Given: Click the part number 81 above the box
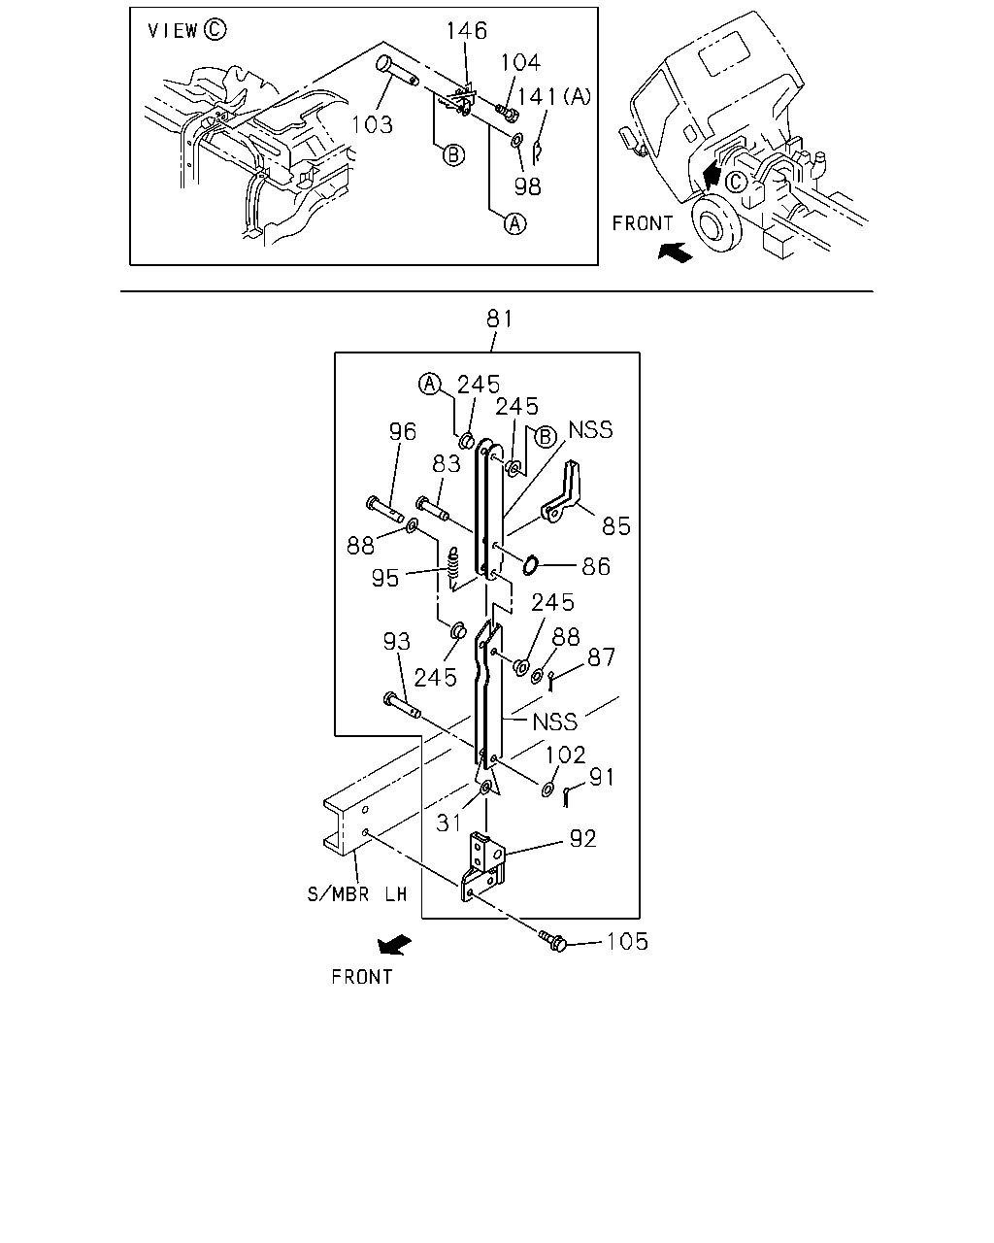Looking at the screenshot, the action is [499, 319].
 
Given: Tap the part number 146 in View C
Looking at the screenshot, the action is [467, 31].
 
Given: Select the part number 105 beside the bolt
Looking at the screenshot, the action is [627, 942].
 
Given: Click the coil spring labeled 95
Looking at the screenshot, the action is [454, 569].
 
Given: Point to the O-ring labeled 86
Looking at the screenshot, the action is [530, 565].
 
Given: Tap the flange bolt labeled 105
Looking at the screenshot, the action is [552, 941].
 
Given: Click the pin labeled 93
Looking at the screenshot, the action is [402, 705].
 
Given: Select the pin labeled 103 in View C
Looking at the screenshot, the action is [395, 69].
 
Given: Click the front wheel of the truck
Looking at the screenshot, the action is [717, 222].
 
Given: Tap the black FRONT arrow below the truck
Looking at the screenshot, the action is [676, 252].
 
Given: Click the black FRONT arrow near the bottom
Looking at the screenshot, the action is [394, 944].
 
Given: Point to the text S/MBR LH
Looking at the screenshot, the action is [357, 894].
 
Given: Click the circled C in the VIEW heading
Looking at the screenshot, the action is [215, 29].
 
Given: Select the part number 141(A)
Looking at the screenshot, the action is [554, 96].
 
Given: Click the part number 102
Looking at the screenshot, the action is [566, 755].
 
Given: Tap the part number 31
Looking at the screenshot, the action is [448, 823].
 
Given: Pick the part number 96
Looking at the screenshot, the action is [402, 431].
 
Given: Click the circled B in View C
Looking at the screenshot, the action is [453, 155].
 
